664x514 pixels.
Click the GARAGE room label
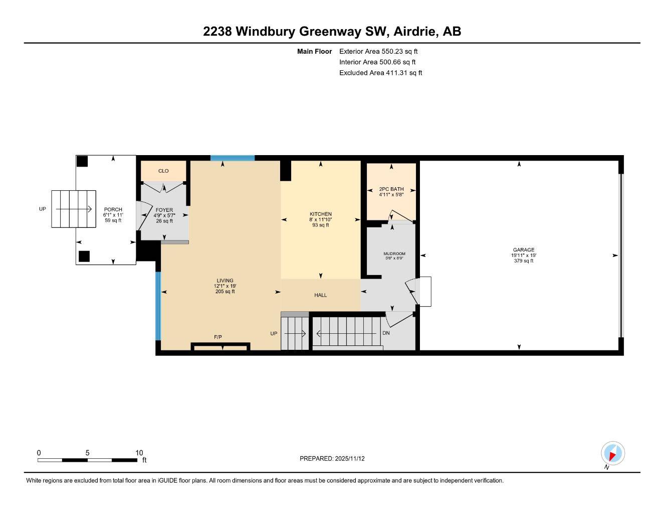523,249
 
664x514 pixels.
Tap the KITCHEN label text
320,214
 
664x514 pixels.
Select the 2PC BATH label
391,189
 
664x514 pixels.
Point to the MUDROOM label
394,253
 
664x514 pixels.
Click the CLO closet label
163,171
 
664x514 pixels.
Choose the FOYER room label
164,210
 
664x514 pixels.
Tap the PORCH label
113,209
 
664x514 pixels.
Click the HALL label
320,295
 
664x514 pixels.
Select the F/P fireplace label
218,337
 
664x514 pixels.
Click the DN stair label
386,333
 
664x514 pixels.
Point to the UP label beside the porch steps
43,209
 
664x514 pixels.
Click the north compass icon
612,454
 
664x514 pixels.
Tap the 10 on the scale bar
139,453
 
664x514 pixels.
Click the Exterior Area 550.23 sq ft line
378,51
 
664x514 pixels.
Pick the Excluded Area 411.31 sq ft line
380,73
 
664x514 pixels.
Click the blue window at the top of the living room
233,158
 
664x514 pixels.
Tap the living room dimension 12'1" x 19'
225,286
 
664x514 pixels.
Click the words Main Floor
314,51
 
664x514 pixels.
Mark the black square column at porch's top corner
82,161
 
